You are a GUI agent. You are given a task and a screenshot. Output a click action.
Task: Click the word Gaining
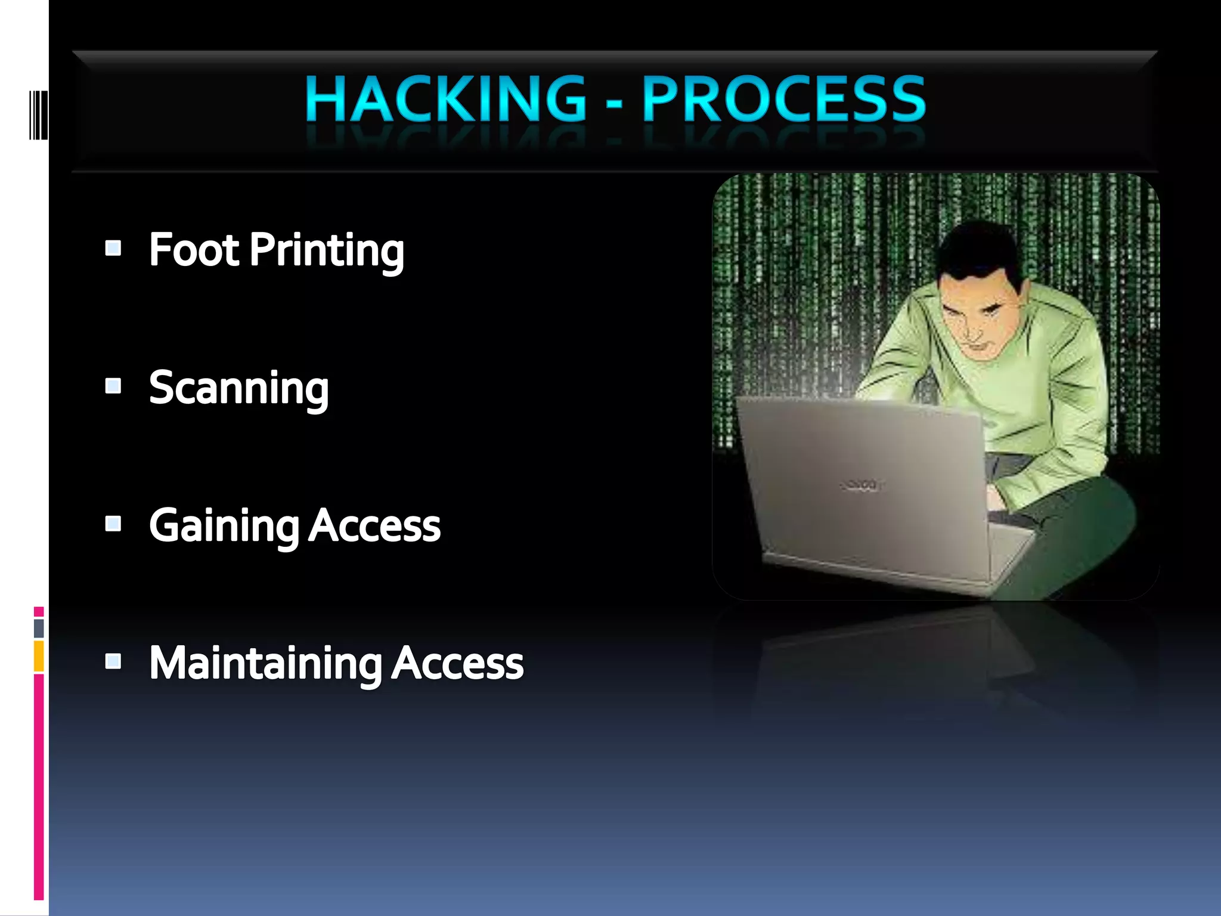coord(224,527)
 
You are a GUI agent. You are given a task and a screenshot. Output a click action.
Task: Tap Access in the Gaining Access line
coord(374,526)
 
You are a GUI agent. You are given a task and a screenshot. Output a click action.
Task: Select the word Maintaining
coord(265,664)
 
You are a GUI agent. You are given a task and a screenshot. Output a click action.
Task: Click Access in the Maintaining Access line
coord(457,663)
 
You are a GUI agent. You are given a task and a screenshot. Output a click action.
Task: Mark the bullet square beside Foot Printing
coord(113,247)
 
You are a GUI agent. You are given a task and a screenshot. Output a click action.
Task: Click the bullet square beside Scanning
coord(113,386)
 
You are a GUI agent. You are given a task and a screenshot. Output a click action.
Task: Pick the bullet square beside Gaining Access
coord(113,524)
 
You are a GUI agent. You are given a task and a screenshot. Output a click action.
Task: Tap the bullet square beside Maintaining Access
coord(113,661)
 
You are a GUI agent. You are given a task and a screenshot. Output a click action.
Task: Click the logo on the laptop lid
coord(861,484)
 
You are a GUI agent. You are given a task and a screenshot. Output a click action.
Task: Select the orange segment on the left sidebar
coord(39,656)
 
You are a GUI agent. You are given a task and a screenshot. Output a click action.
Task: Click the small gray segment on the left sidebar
coord(39,628)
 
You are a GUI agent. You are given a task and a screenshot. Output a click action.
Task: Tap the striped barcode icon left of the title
coord(38,114)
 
